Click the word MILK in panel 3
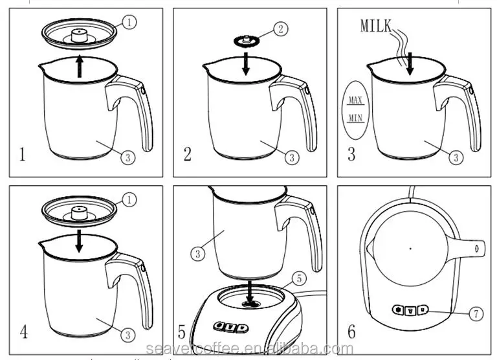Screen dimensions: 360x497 (375, 26)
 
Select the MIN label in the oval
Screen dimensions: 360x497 (355, 118)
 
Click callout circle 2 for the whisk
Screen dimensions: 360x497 (280, 28)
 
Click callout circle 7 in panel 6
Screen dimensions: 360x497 (476, 314)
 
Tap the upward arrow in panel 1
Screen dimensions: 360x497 (80, 66)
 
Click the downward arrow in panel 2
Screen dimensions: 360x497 (245, 66)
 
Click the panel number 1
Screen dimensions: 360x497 (23, 155)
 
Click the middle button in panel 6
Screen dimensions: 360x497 (409, 310)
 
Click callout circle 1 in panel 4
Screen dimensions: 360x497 (130, 199)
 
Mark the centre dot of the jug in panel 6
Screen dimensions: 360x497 (410, 248)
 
